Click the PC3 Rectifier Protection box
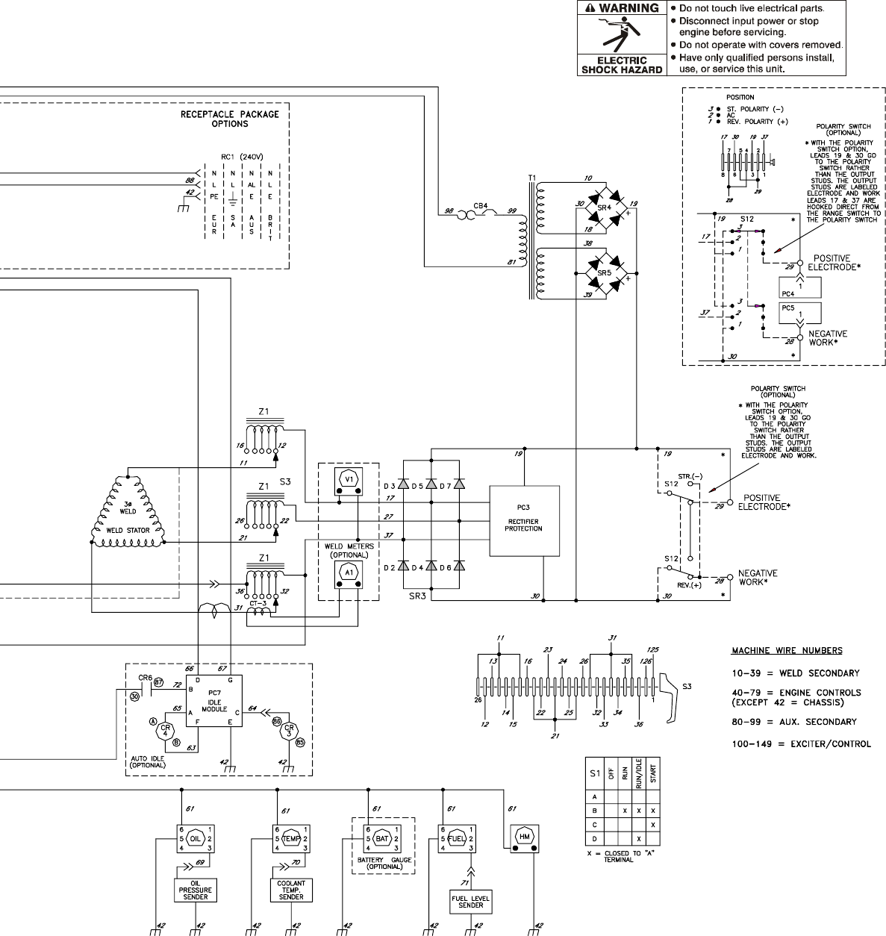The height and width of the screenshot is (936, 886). pyautogui.click(x=524, y=521)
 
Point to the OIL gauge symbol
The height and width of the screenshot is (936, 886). pyautogui.click(x=196, y=838)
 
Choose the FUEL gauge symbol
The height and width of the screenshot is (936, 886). pyautogui.click(x=456, y=838)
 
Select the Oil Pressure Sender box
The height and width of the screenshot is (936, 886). pyautogui.click(x=196, y=890)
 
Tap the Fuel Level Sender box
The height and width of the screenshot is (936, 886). pyautogui.click(x=470, y=901)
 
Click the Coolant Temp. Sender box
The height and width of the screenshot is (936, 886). pyautogui.click(x=291, y=890)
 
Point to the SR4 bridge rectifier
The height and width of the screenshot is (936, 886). pyautogui.click(x=605, y=207)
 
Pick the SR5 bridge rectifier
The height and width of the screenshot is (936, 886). pyautogui.click(x=605, y=273)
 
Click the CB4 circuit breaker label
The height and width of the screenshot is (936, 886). pyautogui.click(x=481, y=205)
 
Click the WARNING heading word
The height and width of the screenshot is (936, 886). pyautogui.click(x=628, y=8)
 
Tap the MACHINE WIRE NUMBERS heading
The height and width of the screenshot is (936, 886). pyautogui.click(x=787, y=650)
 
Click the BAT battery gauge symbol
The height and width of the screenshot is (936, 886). pyautogui.click(x=382, y=838)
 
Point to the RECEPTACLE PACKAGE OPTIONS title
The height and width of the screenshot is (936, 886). pyautogui.click(x=230, y=119)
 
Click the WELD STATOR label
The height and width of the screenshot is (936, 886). pyautogui.click(x=127, y=530)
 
